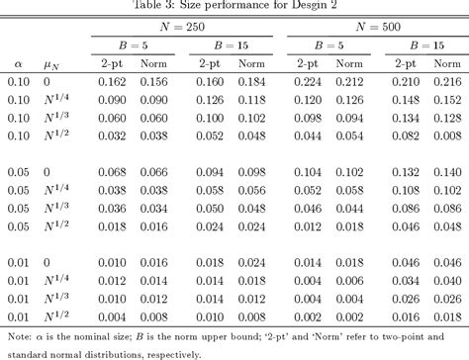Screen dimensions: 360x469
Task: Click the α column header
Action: [x=17, y=63]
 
